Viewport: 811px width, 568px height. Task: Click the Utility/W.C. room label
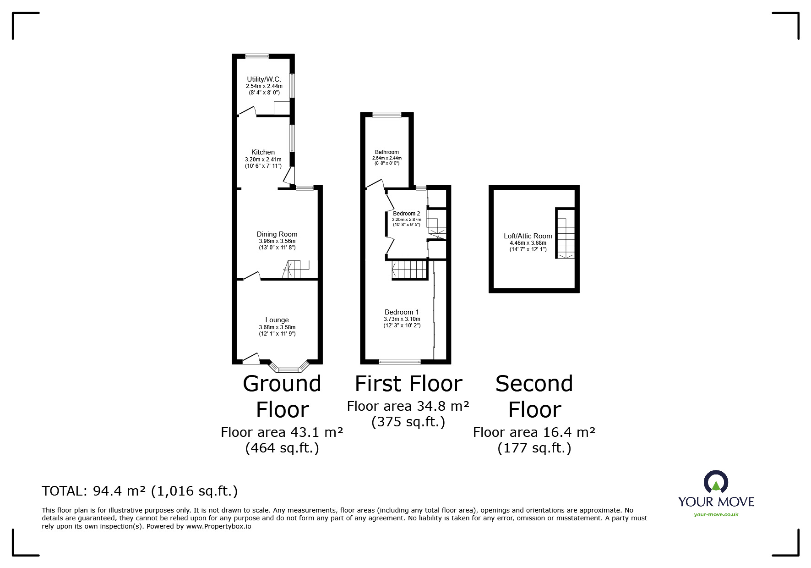pyautogui.click(x=264, y=79)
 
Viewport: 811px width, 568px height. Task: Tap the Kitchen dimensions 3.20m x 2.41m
pyautogui.click(x=263, y=160)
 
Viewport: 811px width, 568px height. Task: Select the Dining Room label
pyautogui.click(x=277, y=234)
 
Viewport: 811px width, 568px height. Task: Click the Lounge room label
pyautogui.click(x=277, y=320)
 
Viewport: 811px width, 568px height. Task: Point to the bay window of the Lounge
pyautogui.click(x=288, y=369)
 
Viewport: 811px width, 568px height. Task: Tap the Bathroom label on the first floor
pyautogui.click(x=386, y=152)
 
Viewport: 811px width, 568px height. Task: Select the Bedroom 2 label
pyautogui.click(x=406, y=214)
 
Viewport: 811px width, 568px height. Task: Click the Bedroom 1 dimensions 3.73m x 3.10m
pyautogui.click(x=402, y=319)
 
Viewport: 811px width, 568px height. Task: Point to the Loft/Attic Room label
pyautogui.click(x=528, y=236)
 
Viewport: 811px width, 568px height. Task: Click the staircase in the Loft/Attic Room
pyautogui.click(x=566, y=234)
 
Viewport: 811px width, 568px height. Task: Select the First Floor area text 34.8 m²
pyautogui.click(x=408, y=406)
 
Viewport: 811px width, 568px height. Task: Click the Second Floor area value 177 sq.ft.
pyautogui.click(x=534, y=448)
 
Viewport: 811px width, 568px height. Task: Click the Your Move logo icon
pyautogui.click(x=716, y=482)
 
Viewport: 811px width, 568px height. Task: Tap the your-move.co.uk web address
pyautogui.click(x=716, y=514)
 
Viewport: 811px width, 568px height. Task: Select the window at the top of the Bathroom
pyautogui.click(x=386, y=115)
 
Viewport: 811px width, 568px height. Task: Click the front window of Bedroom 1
pyautogui.click(x=399, y=362)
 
